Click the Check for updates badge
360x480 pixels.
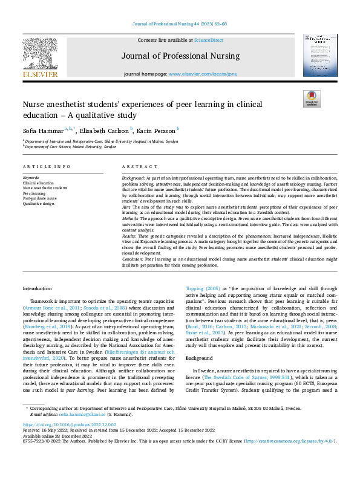(x=311, y=99)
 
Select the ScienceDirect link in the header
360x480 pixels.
(x=209, y=40)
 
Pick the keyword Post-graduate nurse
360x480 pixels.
(x=40, y=198)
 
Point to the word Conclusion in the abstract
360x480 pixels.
(x=133, y=258)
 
